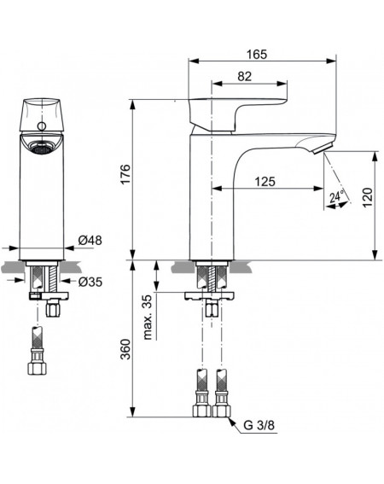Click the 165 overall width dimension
coord(257,55)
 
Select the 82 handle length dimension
coord(244,77)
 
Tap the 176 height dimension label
coord(125,174)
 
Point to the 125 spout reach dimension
coord(265,182)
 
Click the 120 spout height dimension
coord(368,197)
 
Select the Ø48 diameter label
coord(90,240)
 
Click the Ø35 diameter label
coord(90,282)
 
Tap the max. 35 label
coord(148,317)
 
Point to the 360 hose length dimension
coord(125,349)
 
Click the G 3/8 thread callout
coord(259,425)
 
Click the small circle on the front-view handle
coord(41,126)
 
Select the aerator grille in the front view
coord(41,147)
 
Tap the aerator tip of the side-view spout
coord(323,149)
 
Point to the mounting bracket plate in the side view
coord(209,295)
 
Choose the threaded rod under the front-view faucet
coord(53,278)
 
